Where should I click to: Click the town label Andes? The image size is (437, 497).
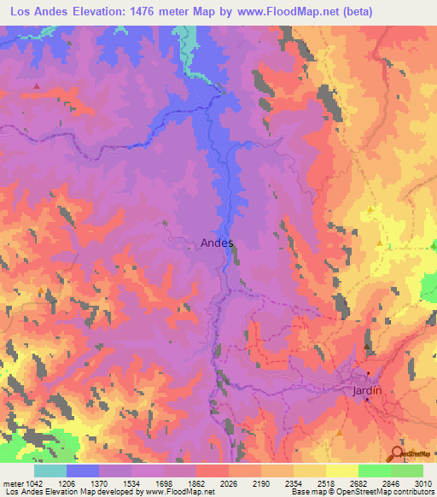[x=217, y=243]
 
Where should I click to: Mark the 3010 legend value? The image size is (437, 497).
[x=422, y=483]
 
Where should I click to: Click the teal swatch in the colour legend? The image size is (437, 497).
[x=50, y=471]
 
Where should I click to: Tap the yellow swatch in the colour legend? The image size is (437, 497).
[x=341, y=471]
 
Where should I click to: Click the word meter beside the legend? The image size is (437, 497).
[x=10, y=483]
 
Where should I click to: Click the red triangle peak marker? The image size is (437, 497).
[x=36, y=86]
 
